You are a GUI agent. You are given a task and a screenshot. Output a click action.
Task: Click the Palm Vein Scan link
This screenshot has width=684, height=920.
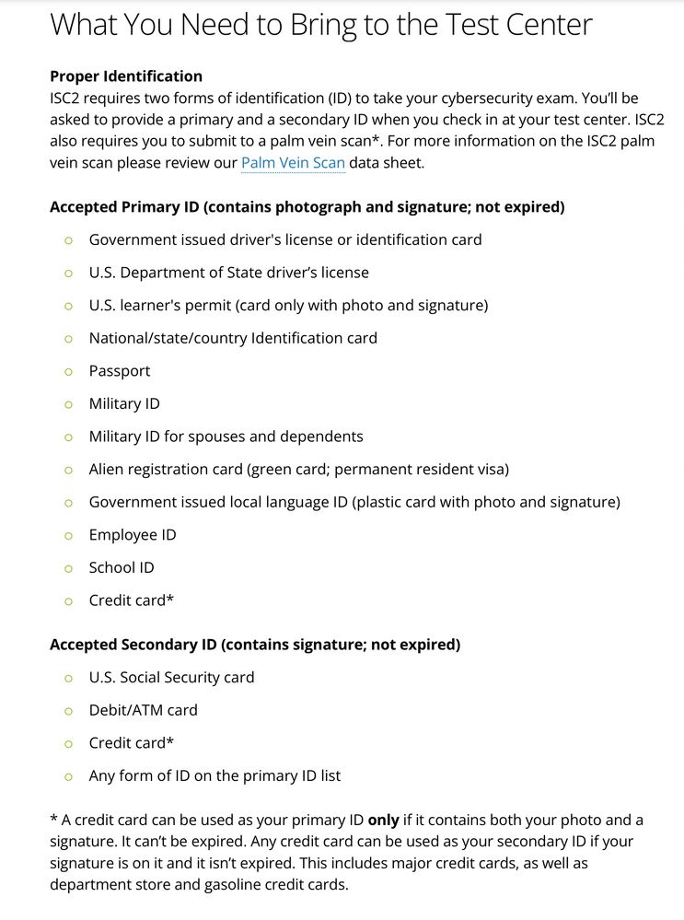[x=293, y=163]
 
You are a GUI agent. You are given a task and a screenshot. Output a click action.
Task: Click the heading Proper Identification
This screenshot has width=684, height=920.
[x=126, y=76]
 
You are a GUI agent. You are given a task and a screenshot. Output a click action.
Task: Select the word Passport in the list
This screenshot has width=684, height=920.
[x=120, y=371]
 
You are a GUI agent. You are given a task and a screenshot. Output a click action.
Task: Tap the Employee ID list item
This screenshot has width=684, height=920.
[x=133, y=535]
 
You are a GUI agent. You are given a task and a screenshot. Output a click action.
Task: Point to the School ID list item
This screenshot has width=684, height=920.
[x=122, y=567]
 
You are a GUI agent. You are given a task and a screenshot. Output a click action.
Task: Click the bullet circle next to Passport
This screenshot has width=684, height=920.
[x=68, y=371]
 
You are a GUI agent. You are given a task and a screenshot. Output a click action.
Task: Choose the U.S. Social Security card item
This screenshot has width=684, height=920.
[x=171, y=677]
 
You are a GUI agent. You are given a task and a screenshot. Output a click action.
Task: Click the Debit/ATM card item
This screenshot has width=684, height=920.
[x=143, y=710]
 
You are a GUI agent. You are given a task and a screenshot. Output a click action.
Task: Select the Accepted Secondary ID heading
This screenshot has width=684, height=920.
[x=255, y=644]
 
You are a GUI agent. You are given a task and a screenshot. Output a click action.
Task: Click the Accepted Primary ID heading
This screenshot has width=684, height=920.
[x=307, y=206]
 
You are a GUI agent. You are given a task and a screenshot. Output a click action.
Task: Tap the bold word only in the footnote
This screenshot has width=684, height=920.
[x=384, y=820]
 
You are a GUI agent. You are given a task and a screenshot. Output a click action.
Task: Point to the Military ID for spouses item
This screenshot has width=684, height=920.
[x=226, y=437]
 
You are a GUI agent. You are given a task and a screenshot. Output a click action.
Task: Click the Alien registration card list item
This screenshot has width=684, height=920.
[x=298, y=469]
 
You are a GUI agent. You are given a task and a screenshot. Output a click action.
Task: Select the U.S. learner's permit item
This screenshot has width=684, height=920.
[x=288, y=305]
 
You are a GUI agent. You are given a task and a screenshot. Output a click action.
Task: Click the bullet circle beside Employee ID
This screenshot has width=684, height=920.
[x=68, y=535]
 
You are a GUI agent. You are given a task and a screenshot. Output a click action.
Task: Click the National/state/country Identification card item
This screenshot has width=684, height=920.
[x=233, y=338]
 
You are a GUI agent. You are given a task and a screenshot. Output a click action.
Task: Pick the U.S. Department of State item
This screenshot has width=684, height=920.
[x=228, y=273]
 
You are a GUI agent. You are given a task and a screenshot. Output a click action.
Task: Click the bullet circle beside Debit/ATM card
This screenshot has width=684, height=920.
[x=68, y=710]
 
